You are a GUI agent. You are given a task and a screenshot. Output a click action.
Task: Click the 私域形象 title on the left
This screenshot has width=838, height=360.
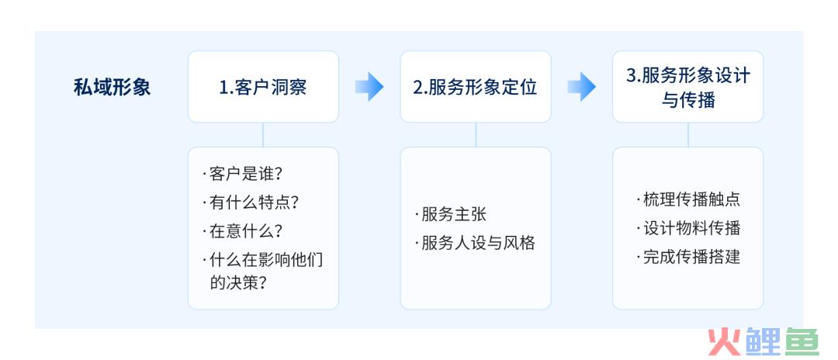pyautogui.click(x=113, y=87)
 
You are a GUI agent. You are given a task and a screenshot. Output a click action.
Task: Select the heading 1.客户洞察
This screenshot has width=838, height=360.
pyautogui.click(x=263, y=87)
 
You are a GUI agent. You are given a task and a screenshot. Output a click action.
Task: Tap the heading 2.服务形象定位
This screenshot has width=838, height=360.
pyautogui.click(x=475, y=87)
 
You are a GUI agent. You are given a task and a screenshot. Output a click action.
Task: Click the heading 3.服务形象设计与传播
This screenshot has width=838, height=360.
pyautogui.click(x=687, y=87)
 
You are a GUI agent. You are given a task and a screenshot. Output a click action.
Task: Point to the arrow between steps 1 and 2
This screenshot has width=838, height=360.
pyautogui.click(x=369, y=87)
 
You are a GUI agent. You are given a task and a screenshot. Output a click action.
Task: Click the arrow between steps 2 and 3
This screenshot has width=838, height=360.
pyautogui.click(x=581, y=87)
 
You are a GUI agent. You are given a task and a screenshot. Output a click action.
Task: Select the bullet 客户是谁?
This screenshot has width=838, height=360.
pyautogui.click(x=243, y=174)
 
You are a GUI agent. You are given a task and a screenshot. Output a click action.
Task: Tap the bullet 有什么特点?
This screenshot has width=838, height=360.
pyautogui.click(x=250, y=202)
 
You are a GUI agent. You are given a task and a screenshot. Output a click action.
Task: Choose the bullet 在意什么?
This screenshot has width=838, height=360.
pyautogui.click(x=243, y=231)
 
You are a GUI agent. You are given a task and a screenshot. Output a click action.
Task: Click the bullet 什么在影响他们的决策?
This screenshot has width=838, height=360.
pyautogui.click(x=263, y=271)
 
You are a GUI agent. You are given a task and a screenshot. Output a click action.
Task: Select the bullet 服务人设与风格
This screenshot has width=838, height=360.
pyautogui.click(x=475, y=244)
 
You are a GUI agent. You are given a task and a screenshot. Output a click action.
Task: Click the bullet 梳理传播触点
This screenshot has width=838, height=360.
pyautogui.click(x=688, y=199)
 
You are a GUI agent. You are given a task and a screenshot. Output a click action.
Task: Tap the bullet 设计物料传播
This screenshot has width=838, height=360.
pyautogui.click(x=688, y=229)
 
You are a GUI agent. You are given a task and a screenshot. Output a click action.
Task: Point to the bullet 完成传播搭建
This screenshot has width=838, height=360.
pyautogui.click(x=688, y=258)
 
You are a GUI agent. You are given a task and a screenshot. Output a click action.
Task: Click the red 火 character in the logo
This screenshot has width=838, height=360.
pyautogui.click(x=725, y=341)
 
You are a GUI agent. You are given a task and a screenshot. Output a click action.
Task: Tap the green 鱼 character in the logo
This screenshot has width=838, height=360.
pyautogui.click(x=802, y=341)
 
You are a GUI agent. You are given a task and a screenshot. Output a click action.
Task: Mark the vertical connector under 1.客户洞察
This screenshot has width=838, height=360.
pyautogui.click(x=263, y=134)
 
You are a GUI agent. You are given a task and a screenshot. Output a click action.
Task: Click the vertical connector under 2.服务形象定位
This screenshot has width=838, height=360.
pyautogui.click(x=476, y=134)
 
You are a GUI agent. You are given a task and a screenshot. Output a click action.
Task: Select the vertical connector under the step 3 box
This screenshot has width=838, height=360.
pyautogui.click(x=687, y=134)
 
